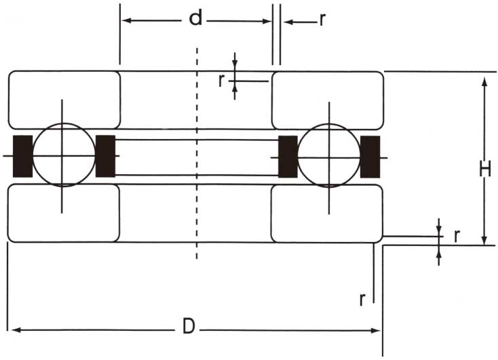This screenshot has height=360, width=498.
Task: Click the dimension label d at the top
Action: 195,19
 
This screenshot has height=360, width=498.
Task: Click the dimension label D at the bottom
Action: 189,327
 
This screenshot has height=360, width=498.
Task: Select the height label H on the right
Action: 484,169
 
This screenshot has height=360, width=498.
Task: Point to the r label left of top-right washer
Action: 221,80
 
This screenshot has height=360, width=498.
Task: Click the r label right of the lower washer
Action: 457,236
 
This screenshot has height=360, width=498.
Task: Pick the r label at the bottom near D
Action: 363,298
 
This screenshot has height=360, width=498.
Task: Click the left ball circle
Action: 63,155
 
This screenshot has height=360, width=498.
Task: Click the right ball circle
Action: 329,155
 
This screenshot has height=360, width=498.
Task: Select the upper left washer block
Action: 64,100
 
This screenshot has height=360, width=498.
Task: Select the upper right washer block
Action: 327,100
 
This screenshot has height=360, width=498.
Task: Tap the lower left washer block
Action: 64,213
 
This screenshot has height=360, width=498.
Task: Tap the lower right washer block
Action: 326,213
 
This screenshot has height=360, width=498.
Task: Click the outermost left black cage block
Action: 22,156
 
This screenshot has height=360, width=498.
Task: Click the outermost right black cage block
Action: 370,156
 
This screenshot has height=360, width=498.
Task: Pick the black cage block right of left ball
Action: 105,156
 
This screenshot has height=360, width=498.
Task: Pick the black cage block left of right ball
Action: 288,156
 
